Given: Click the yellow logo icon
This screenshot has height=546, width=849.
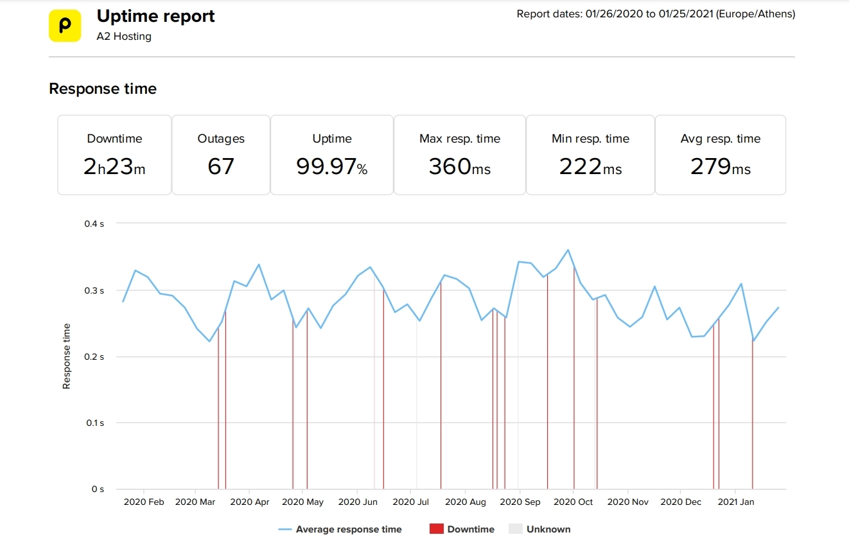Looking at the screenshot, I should coord(65,26).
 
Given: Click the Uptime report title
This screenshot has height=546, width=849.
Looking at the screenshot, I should coord(155,17).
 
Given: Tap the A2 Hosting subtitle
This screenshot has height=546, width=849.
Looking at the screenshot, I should coord(124,37).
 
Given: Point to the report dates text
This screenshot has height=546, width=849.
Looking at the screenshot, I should coord(656,14).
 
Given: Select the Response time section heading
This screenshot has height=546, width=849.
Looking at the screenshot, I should coord(103,89).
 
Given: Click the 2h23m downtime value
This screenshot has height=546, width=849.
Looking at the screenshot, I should coord(114,167).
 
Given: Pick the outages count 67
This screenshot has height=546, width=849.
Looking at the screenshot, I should coord(221,167).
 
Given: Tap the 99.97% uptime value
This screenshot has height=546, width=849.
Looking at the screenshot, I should coord(331,167).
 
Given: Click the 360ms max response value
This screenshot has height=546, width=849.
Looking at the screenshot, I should coord(459,167).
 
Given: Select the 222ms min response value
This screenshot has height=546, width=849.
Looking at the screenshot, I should coord(590,167).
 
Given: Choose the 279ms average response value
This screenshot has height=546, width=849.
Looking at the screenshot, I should coord(720,167).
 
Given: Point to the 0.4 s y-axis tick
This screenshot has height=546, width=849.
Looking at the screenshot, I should coord(93,224).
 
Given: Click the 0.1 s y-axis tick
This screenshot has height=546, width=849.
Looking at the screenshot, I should coord(93,423).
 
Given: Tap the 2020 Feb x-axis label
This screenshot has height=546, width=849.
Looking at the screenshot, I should coord(144,502).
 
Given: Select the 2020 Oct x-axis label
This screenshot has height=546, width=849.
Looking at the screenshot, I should coord(573,502).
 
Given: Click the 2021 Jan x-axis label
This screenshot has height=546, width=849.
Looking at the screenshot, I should coord(736,502).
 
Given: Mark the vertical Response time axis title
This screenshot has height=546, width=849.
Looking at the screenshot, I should coord(66,357).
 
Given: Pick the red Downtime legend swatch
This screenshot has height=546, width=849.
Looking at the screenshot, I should coord(437,529).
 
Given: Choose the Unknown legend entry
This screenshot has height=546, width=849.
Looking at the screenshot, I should coord(548,529).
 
